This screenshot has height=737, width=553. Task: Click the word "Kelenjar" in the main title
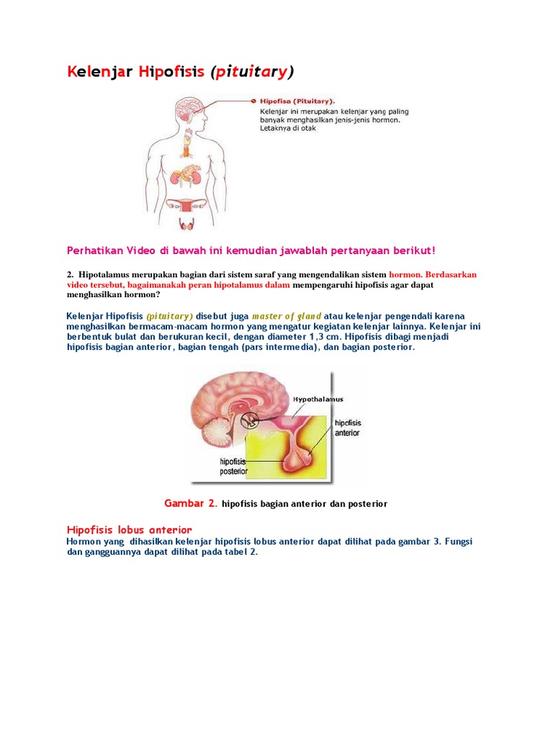(99, 72)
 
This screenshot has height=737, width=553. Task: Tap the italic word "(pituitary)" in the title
(252, 72)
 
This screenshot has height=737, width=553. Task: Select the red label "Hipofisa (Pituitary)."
(297, 101)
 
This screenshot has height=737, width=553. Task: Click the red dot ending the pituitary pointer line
(253, 101)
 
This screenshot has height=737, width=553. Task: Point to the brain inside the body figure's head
(189, 108)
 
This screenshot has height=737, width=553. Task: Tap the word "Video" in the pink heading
(140, 250)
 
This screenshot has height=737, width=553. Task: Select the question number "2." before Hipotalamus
(71, 274)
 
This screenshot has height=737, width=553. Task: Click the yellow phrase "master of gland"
(287, 317)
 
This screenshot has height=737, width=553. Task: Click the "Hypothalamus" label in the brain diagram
(318, 399)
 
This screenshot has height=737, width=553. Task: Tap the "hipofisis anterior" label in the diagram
(348, 428)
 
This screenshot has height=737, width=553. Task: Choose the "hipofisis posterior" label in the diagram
(234, 466)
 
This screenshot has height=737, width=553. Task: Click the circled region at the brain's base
(250, 420)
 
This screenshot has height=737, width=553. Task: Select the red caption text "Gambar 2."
(190, 503)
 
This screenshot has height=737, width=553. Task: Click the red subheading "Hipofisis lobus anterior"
(130, 530)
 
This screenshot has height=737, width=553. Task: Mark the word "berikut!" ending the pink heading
(414, 250)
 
